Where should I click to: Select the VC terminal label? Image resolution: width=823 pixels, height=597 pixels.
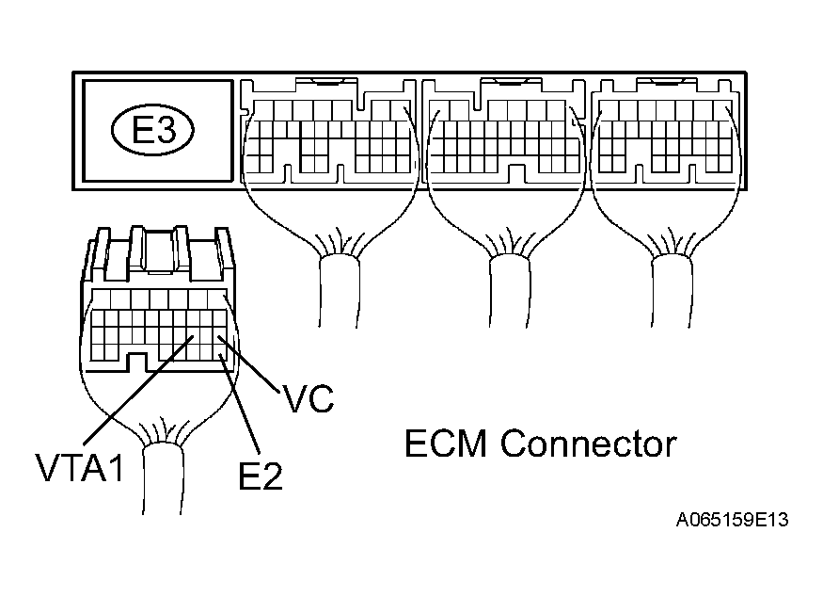click(x=308, y=399)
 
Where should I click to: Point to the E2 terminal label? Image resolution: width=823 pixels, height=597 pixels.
click(x=261, y=476)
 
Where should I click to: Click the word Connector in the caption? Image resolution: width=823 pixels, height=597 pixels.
click(x=588, y=443)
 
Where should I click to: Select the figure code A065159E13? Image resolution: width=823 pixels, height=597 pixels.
click(x=731, y=520)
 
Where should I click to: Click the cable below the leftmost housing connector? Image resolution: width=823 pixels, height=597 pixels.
click(x=338, y=292)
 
